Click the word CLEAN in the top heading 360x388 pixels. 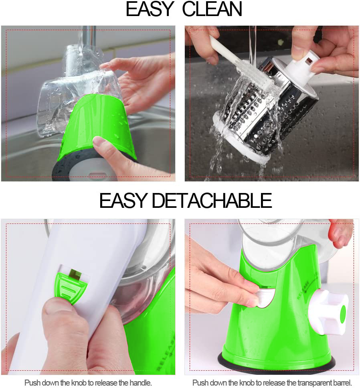pos(212,10)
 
